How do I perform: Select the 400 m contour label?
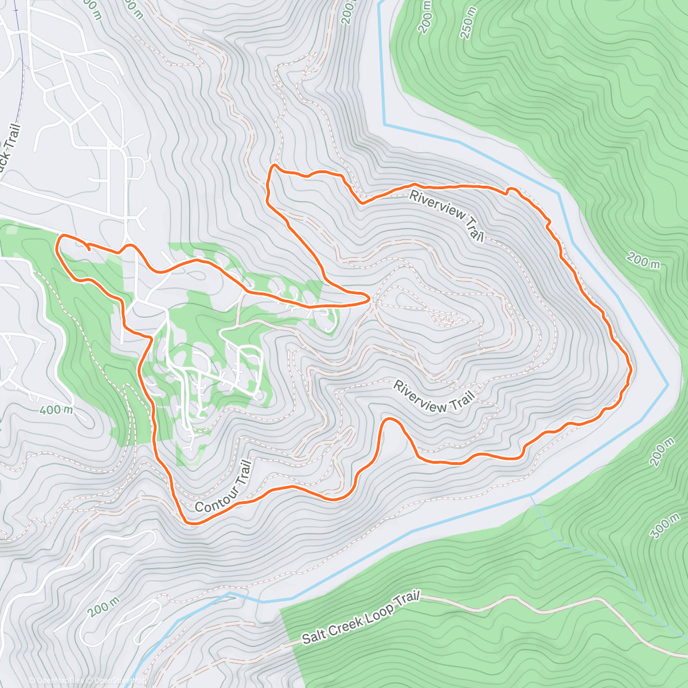57,410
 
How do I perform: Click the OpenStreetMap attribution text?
117,681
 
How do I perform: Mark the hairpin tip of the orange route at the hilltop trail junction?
367,297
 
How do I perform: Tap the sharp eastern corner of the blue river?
667,384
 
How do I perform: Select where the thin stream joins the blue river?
531,494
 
